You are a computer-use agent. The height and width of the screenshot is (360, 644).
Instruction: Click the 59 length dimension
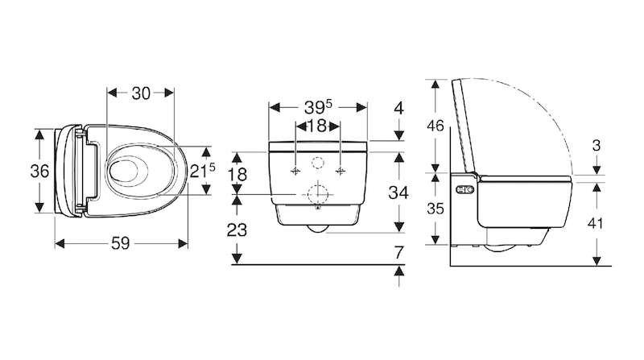point(120,244)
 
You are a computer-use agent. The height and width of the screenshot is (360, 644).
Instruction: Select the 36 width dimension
point(39,171)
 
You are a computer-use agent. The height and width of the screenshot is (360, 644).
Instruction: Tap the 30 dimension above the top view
point(141,93)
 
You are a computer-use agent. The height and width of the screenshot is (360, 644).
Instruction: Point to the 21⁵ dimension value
point(203,170)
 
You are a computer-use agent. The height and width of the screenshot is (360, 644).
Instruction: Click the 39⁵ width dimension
point(318,107)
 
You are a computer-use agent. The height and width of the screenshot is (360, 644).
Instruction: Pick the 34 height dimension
point(398,192)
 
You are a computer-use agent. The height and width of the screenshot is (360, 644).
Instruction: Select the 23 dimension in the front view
point(237,230)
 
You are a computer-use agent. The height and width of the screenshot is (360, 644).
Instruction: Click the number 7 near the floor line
point(398,253)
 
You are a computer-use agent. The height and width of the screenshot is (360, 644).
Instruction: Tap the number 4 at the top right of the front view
point(398,109)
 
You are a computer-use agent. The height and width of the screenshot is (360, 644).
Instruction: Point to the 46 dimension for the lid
point(435,126)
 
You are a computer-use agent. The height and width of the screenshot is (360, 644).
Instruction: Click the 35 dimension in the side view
point(435,209)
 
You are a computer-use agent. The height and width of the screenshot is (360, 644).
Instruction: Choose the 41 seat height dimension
point(595,224)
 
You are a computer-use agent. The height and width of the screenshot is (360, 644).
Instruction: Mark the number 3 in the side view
point(597,146)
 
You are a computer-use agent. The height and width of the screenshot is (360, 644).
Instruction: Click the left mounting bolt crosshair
point(295,171)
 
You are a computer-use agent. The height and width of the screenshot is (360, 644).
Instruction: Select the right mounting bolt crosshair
point(340,171)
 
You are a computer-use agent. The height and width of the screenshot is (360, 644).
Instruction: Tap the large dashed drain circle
point(317,194)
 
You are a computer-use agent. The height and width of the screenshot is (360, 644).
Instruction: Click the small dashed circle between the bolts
point(317,163)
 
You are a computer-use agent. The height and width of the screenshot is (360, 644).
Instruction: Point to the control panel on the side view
point(465,190)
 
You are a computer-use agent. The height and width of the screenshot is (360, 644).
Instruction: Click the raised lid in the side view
point(464,126)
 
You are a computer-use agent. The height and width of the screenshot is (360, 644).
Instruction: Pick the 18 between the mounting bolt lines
point(317,126)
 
